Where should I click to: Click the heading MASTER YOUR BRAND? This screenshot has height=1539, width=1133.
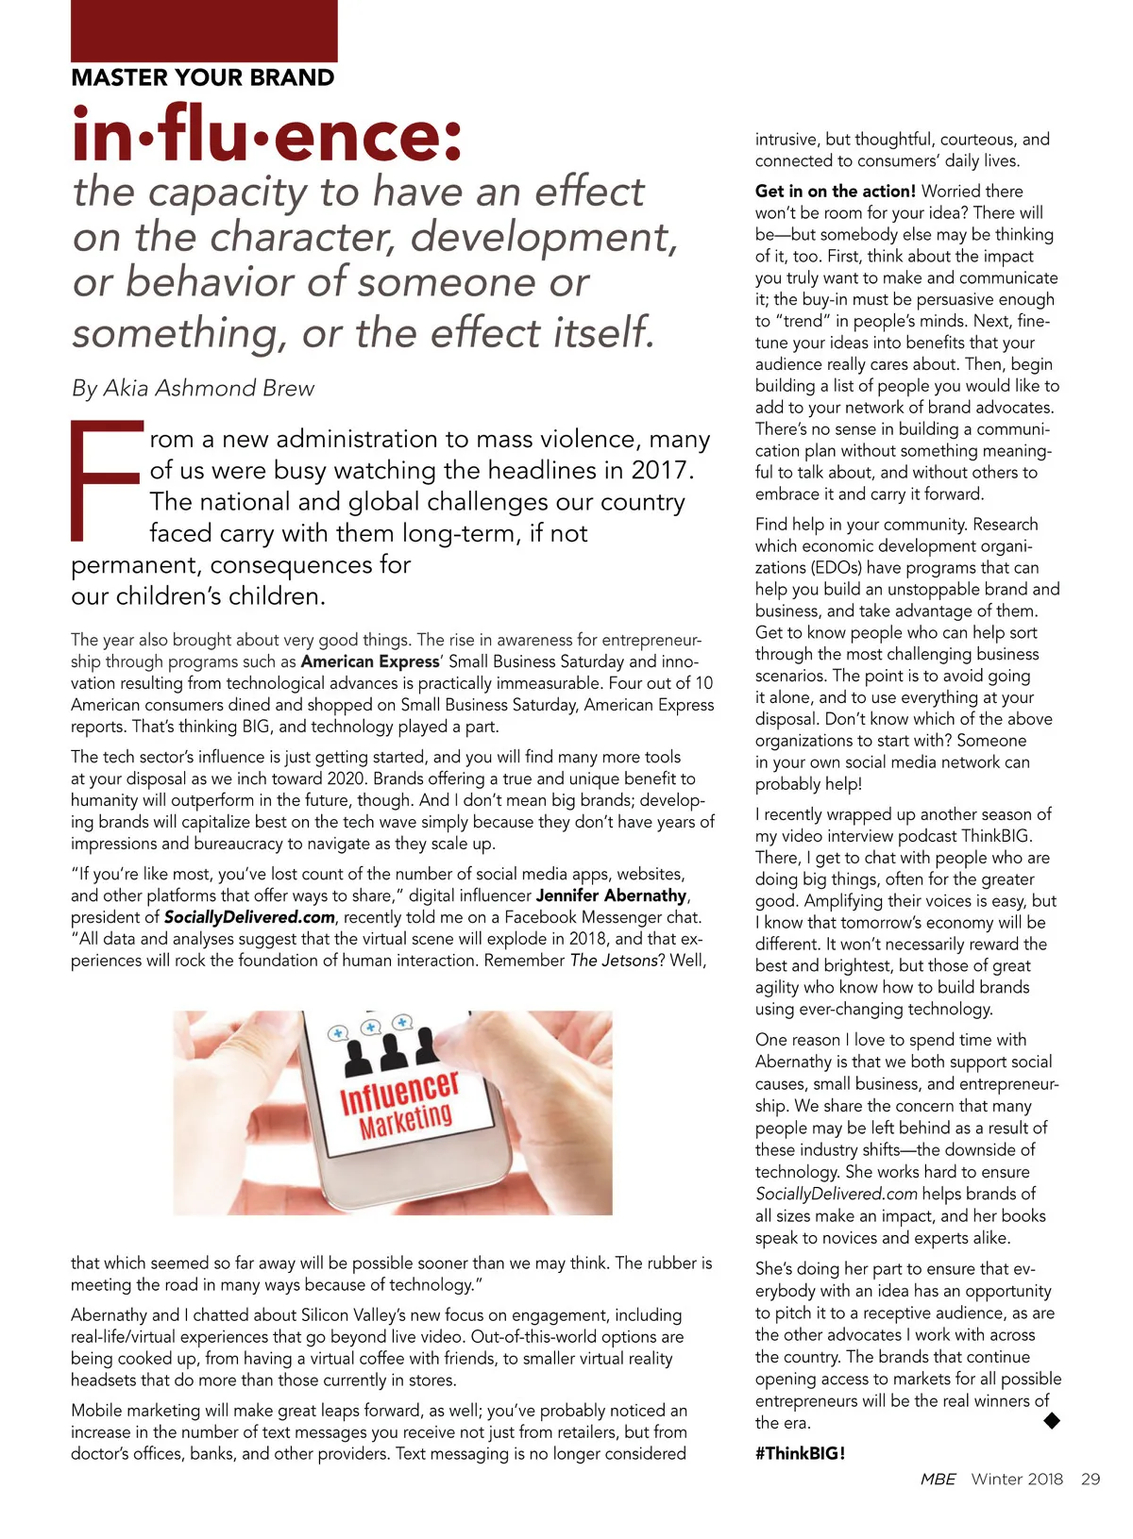coord(203,77)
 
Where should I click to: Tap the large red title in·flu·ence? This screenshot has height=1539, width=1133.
coord(268,135)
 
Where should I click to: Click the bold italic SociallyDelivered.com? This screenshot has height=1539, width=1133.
coord(249,917)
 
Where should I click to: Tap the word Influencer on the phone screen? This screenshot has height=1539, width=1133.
coord(398,1092)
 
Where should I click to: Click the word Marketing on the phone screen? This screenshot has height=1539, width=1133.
coord(406,1120)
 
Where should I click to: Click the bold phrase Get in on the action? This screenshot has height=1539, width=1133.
coord(835,191)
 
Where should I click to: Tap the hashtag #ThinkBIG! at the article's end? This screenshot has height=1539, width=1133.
coord(800,1453)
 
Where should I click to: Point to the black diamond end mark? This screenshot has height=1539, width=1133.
coord(1051,1420)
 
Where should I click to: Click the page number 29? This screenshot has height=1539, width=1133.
coord(1091,1479)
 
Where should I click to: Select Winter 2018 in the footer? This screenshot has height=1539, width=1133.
coord(1017,1479)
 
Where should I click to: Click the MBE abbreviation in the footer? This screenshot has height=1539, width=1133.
coord(938,1479)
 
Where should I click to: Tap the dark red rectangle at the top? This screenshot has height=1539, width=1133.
coord(204,30)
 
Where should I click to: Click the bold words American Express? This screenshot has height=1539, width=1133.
coord(370,661)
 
